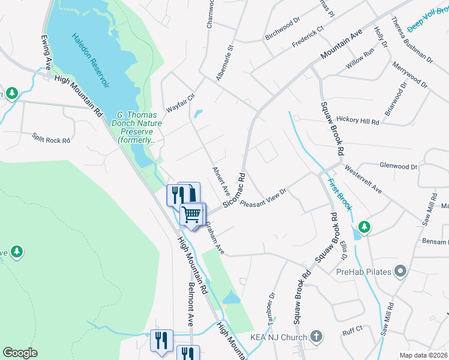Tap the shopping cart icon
pos(192,214)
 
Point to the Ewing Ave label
pos(46,52)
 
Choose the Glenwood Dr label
pos(398,166)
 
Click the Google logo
pos(20,353)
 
